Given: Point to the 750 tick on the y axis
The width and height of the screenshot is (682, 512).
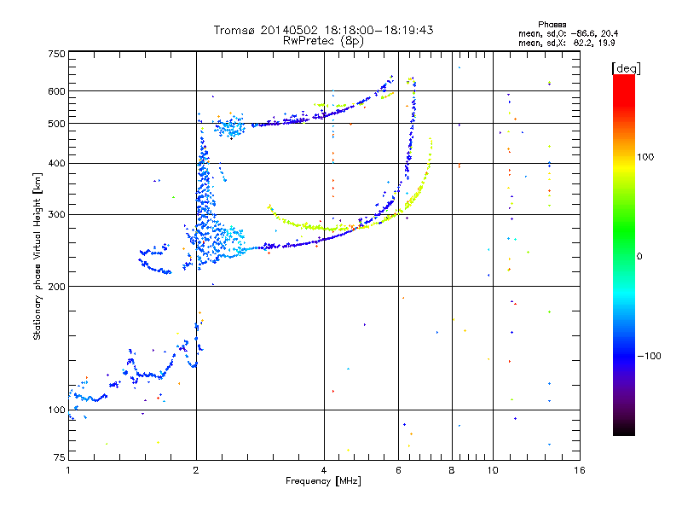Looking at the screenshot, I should point(56,54).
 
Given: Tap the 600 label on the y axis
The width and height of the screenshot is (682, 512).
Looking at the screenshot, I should point(56,91).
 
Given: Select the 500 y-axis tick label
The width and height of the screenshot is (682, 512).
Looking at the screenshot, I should point(56,124).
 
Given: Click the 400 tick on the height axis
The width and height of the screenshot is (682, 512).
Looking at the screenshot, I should point(56,163).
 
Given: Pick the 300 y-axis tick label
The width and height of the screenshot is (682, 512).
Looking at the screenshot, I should point(56,214).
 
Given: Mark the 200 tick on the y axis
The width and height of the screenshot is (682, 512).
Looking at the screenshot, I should point(56,287).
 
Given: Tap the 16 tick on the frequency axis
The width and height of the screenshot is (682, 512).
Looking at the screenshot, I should point(579,470).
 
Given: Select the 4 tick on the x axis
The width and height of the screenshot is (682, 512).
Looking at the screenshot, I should point(324,470).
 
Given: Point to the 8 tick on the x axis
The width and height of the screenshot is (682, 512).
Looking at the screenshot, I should point(452,470).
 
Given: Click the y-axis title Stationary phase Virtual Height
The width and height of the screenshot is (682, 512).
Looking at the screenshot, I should point(38,256).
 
